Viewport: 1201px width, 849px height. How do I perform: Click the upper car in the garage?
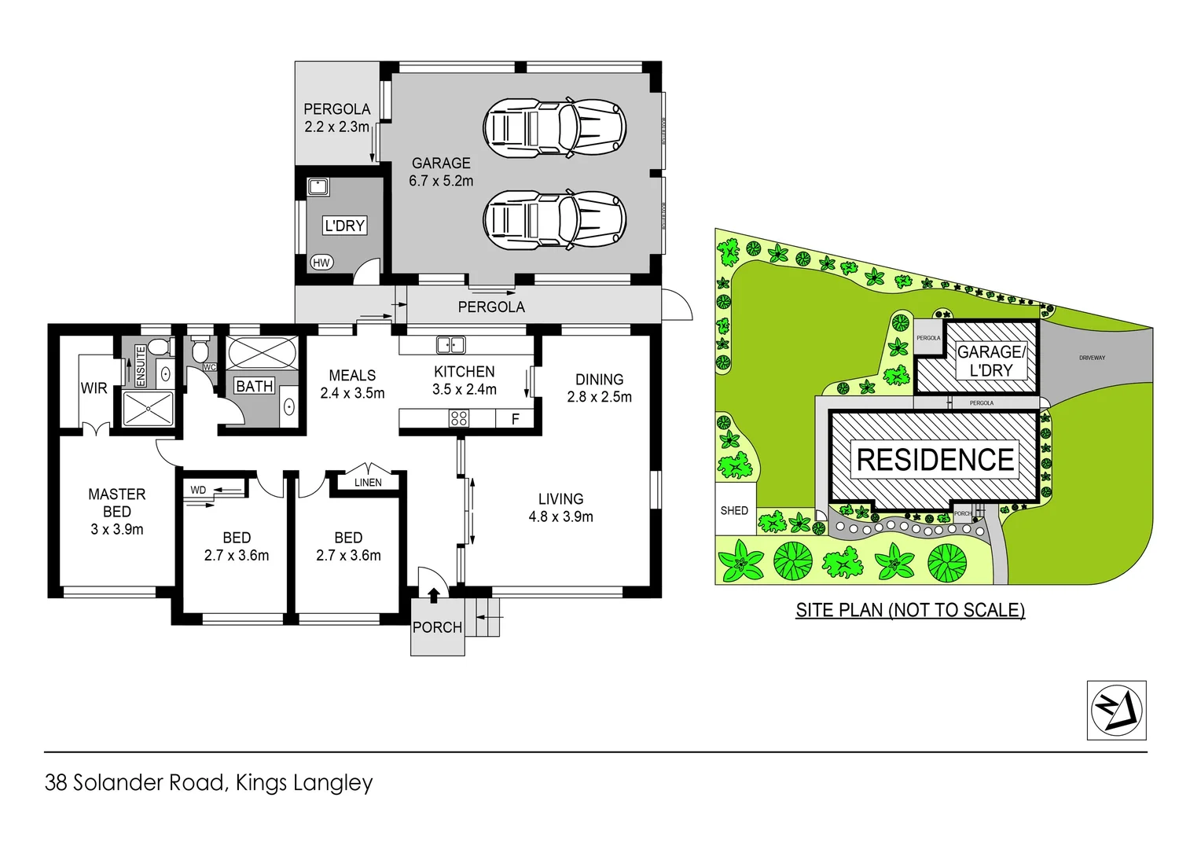(554, 127)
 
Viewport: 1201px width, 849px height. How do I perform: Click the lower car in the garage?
(554, 218)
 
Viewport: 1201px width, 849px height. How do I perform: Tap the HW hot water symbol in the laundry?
(321, 263)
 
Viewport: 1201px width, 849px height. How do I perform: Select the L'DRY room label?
(345, 226)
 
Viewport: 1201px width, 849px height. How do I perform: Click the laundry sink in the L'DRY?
(318, 187)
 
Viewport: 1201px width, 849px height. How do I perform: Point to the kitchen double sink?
(451, 344)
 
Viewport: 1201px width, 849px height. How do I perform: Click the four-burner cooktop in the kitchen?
(459, 419)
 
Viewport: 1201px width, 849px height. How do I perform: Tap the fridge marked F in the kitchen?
(516, 419)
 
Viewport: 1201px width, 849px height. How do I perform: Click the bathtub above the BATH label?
(263, 353)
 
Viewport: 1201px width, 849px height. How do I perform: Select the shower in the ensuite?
(148, 409)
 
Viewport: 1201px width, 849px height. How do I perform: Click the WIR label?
(94, 388)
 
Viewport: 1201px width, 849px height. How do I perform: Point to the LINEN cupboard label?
(368, 483)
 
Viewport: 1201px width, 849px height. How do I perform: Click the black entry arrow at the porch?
(433, 595)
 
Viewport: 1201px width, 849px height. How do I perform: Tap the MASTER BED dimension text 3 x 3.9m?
(117, 529)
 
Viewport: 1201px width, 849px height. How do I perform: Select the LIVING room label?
(560, 499)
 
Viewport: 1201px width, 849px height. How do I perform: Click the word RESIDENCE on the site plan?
(935, 460)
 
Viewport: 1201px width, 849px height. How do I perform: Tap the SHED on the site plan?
(735, 510)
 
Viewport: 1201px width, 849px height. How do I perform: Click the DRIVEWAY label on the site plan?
(1092, 358)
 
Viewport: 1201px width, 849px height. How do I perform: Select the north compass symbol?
(1116, 710)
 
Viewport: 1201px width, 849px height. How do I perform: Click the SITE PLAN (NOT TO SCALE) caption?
(910, 610)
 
